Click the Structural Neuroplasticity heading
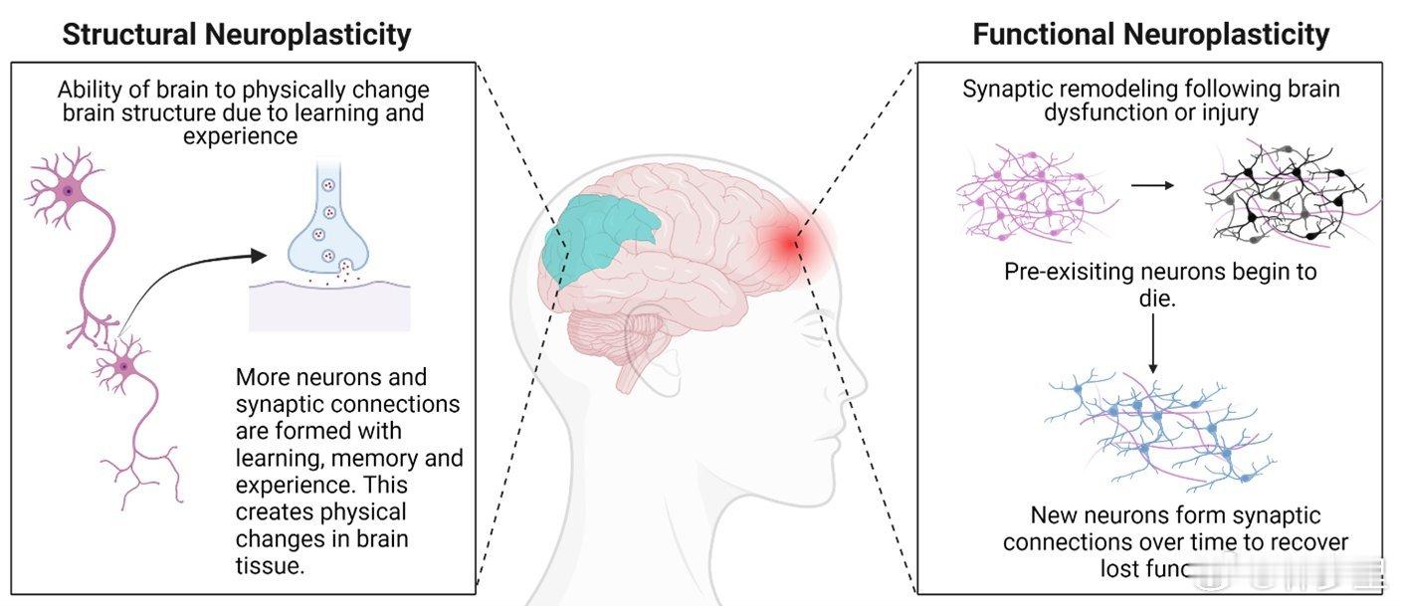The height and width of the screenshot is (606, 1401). (236, 35)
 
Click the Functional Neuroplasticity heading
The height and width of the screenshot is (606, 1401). (1150, 35)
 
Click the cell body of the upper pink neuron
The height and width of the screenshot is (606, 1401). (68, 190)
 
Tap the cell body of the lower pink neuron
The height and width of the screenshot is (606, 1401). (123, 367)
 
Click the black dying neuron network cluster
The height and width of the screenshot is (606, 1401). (1284, 194)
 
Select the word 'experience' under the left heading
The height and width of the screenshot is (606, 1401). (240, 136)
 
